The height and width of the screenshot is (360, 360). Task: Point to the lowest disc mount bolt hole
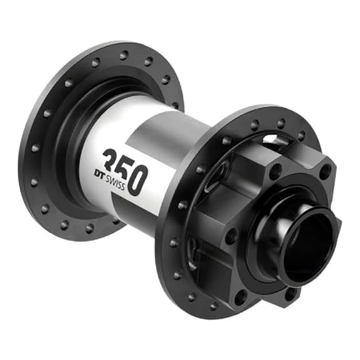(x=290, y=292)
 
